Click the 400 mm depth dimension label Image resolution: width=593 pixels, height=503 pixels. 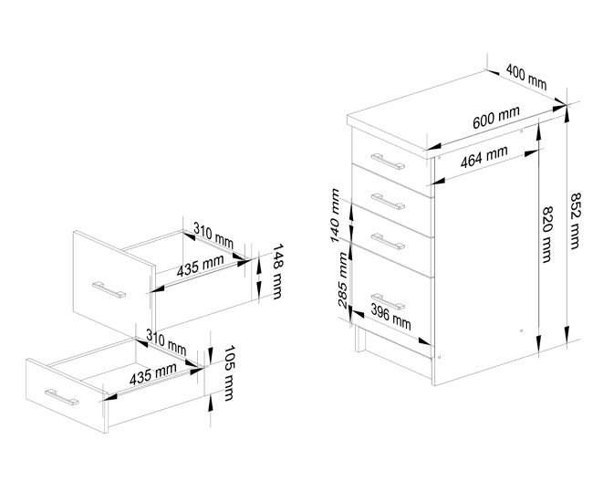coord(526,77)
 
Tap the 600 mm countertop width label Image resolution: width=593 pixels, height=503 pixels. coord(495,118)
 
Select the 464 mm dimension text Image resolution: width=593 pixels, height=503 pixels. coord(484,157)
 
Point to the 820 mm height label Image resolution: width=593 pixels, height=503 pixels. coord(547,235)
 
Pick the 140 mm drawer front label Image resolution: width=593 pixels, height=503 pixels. coord(335,215)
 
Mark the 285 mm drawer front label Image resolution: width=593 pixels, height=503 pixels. coord(342,280)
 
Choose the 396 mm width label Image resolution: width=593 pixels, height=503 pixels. coord(390,317)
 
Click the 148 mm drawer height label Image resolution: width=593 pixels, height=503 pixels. coord(278,271)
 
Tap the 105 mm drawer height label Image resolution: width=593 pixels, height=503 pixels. coord(229,372)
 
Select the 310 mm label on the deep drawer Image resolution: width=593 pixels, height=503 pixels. coord(213,235)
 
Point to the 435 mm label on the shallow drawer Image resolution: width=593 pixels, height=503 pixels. coord(152,374)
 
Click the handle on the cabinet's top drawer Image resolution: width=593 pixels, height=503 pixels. coord(388,162)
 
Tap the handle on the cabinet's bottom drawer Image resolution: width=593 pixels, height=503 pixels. coord(388,301)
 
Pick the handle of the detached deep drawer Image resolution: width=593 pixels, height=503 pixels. coord(109,290)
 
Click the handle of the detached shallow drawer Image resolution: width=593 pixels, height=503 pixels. coord(62,397)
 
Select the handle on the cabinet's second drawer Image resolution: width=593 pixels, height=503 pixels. coord(388,202)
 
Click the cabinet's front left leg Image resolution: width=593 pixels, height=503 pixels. coord(360,339)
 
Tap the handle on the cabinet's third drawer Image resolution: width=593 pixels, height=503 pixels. coord(388,242)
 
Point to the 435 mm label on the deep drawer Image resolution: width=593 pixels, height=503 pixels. coord(200,266)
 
